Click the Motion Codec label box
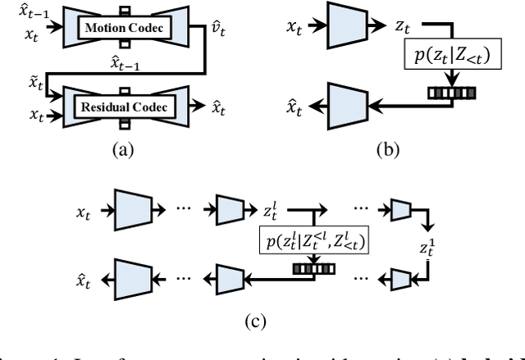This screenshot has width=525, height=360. (x=121, y=29)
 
